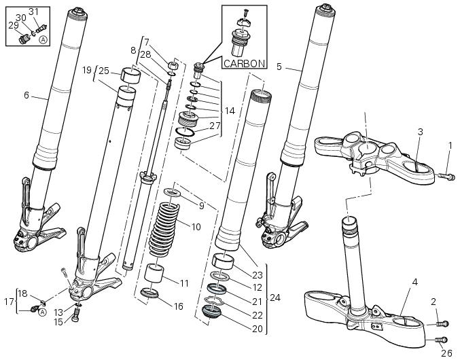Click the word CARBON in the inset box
[245, 64]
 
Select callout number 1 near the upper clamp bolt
[450, 145]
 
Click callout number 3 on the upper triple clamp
[421, 131]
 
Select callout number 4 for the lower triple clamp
[414, 281]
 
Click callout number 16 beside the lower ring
[179, 307]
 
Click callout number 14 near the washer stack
[230, 110]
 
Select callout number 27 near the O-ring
[215, 126]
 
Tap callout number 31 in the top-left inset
[34, 12]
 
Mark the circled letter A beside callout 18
[42, 312]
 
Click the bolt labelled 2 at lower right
[440, 324]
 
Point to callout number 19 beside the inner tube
[87, 70]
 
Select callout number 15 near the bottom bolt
[59, 322]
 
